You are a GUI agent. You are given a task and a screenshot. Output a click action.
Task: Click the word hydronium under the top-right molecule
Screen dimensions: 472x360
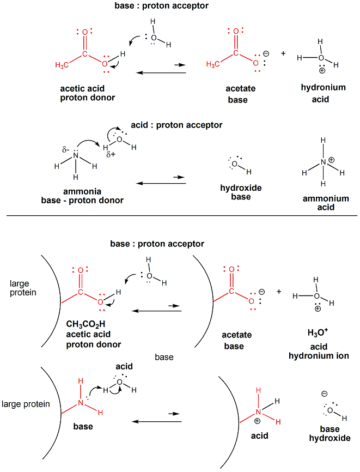pyautogui.click(x=323, y=88)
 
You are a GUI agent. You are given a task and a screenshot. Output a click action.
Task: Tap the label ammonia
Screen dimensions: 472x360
pyautogui.click(x=82, y=191)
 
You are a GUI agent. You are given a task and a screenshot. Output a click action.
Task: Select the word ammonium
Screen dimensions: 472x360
pyautogui.click(x=326, y=198)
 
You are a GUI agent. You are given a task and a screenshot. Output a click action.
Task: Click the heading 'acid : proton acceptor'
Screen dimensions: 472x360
pyautogui.click(x=176, y=125)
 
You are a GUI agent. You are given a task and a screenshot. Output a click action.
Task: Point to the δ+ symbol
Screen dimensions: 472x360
pyautogui.click(x=112, y=155)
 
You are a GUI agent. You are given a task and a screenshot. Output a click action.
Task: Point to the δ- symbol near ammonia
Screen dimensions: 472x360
pyautogui.click(x=65, y=148)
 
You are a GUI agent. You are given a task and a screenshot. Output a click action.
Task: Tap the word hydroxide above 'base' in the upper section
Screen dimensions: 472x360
pyautogui.click(x=241, y=187)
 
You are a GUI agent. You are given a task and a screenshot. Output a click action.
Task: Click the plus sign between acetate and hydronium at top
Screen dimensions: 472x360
pyautogui.click(x=283, y=53)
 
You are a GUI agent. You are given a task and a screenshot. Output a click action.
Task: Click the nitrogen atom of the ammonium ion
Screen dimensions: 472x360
pyautogui.click(x=323, y=162)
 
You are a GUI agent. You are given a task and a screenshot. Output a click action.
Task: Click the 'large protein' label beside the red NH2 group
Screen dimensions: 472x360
pyautogui.click(x=27, y=404)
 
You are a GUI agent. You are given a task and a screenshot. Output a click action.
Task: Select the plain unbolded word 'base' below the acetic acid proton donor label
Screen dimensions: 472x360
pyautogui.click(x=164, y=357)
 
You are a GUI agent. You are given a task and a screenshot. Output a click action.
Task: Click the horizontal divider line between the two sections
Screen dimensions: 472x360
pyautogui.click(x=180, y=216)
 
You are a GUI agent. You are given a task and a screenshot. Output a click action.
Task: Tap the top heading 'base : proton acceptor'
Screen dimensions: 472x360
pyautogui.click(x=154, y=6)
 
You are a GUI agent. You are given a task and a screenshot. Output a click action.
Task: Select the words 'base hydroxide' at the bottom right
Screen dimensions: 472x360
pyautogui.click(x=330, y=433)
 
